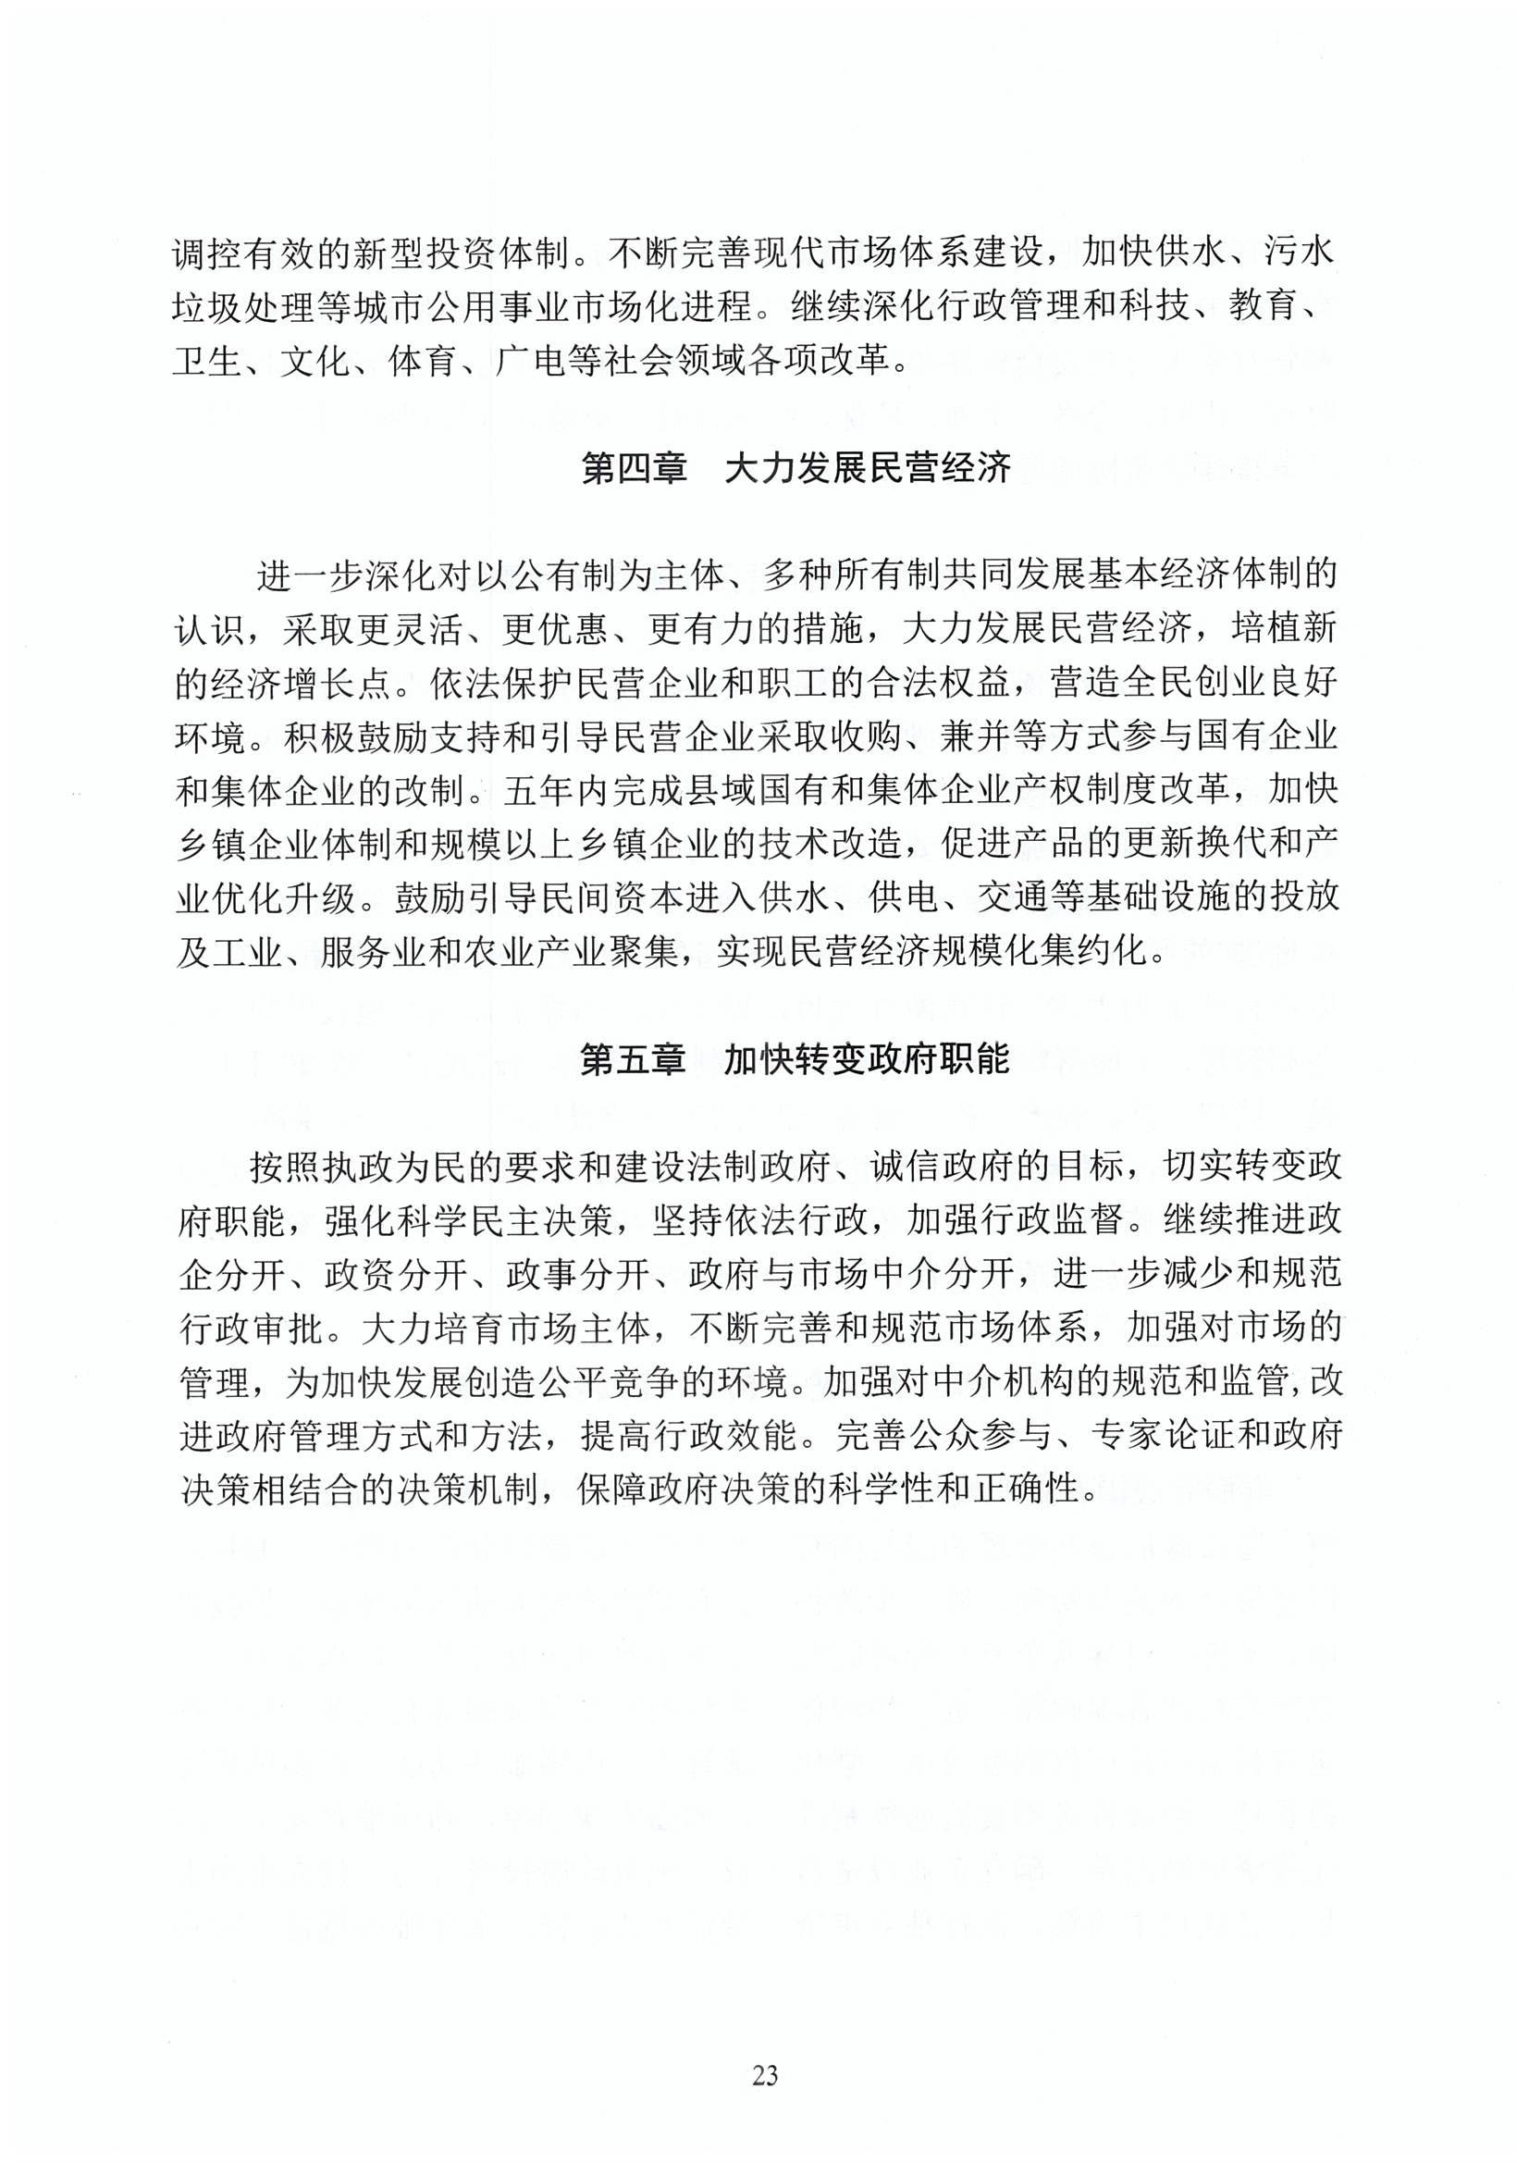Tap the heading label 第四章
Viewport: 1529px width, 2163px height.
[x=634, y=468]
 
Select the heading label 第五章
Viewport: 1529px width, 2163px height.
[x=632, y=1060]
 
